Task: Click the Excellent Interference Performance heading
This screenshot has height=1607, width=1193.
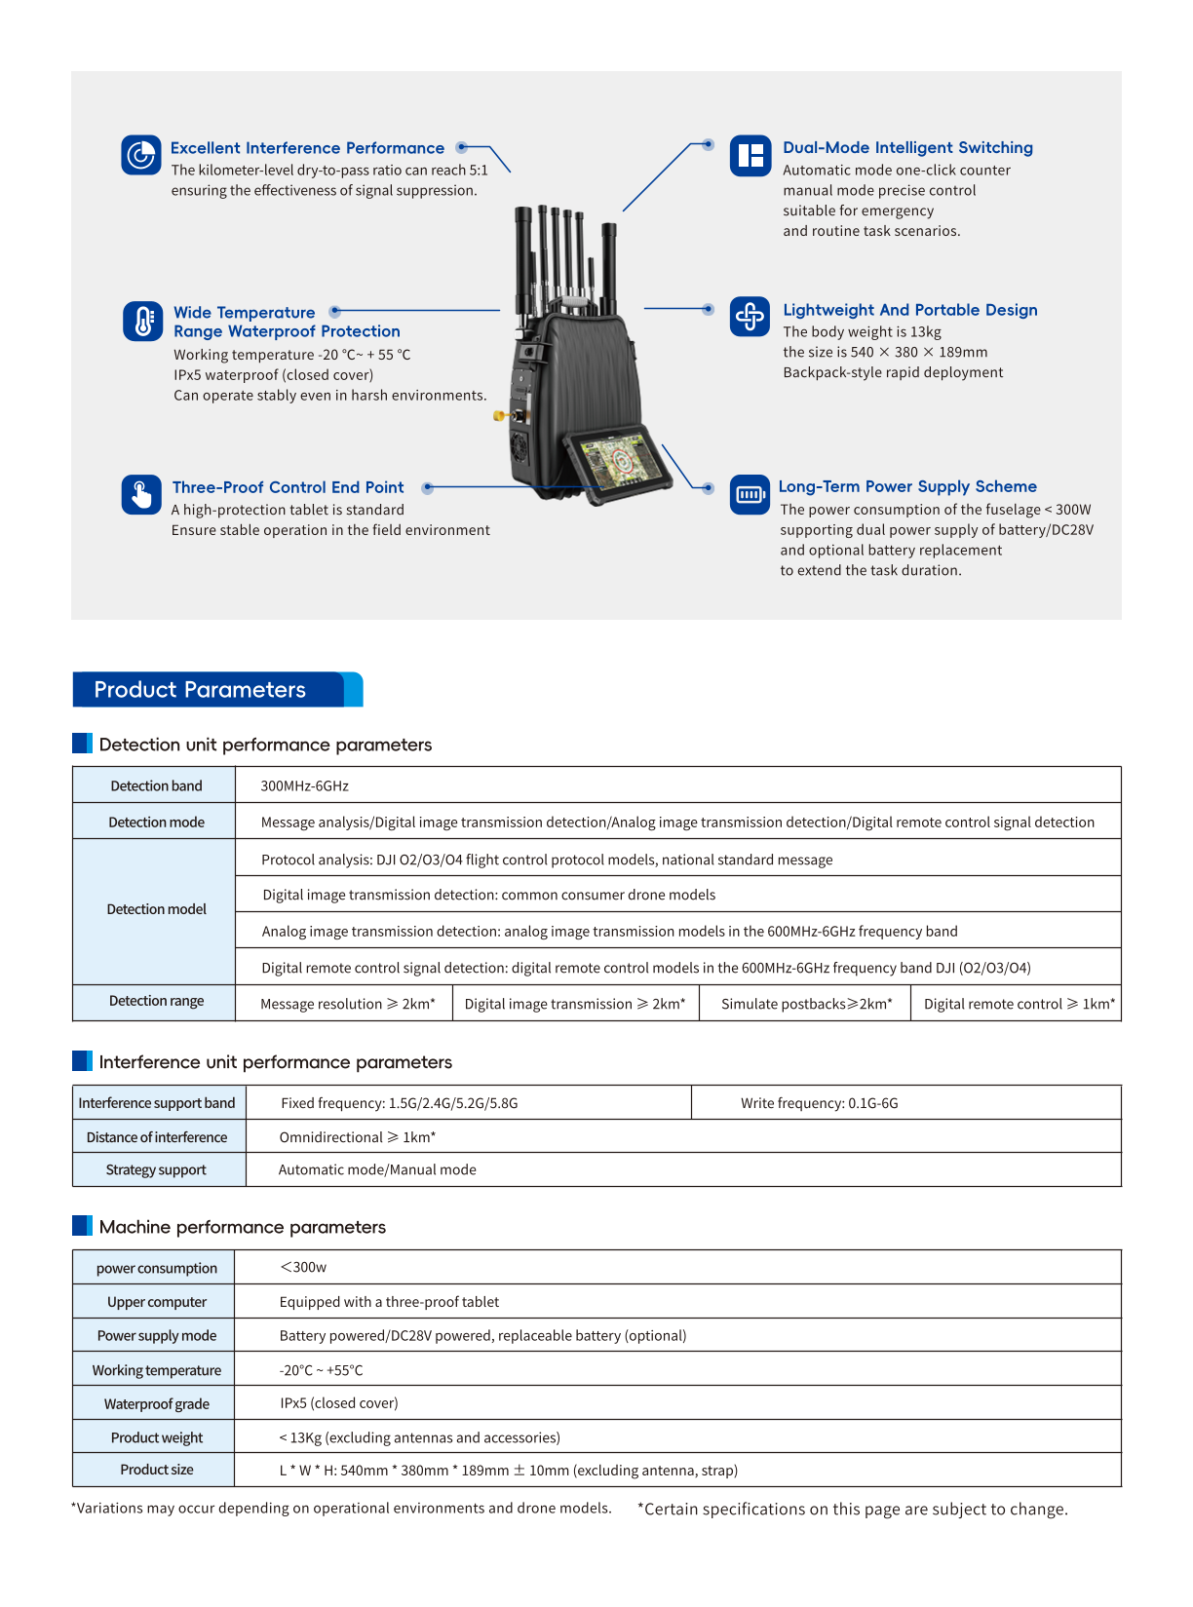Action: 307,148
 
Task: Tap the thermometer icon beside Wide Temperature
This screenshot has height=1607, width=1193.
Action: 142,322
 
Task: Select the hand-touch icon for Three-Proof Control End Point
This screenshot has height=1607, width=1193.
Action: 141,494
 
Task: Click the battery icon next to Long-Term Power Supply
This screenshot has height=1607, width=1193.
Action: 750,495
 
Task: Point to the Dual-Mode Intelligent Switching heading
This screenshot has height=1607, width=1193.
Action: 907,148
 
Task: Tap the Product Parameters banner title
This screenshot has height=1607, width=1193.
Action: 200,690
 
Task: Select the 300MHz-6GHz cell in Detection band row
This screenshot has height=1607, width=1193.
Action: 304,785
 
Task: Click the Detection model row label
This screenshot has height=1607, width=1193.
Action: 156,909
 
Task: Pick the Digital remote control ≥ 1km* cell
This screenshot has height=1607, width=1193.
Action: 1019,1004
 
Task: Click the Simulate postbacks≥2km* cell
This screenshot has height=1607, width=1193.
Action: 806,1004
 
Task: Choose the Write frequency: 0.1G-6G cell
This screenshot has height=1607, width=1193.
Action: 819,1103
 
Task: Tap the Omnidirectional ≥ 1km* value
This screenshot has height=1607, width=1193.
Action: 357,1137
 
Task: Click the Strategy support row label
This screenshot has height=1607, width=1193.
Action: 156,1169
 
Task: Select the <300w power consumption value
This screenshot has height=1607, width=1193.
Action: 303,1267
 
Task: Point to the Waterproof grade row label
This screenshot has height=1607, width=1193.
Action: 156,1404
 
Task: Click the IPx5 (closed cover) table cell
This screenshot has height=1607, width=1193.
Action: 339,1403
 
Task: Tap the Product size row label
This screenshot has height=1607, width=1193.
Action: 156,1470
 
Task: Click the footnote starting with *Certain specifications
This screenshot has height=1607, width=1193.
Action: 852,1510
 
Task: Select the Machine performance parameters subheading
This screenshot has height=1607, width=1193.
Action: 242,1227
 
